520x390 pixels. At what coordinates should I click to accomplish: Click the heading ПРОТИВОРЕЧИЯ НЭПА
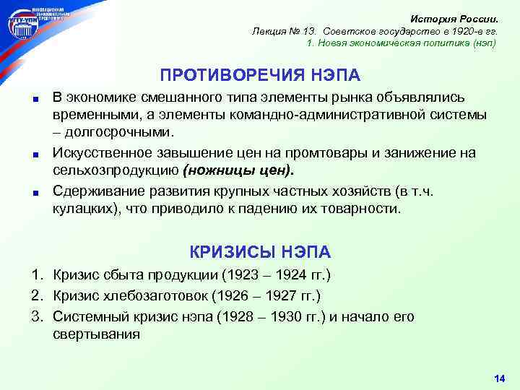click(x=260, y=76)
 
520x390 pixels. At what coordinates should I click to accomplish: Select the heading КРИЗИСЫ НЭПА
click(x=260, y=251)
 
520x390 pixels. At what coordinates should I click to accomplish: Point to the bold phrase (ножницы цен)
click(x=239, y=170)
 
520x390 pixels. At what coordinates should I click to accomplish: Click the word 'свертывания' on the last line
click(x=97, y=334)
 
